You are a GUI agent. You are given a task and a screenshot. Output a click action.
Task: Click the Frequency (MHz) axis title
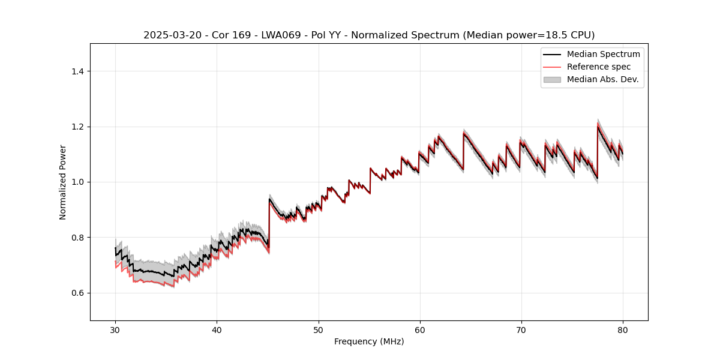point(369,341)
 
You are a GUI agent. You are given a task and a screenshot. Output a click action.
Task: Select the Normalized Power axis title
point(63,182)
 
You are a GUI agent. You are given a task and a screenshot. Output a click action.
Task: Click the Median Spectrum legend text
point(603,54)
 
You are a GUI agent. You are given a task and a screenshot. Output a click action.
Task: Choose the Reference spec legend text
point(599,67)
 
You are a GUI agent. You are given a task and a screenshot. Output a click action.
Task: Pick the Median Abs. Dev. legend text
point(602,79)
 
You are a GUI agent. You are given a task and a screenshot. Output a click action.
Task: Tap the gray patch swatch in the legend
point(552,79)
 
